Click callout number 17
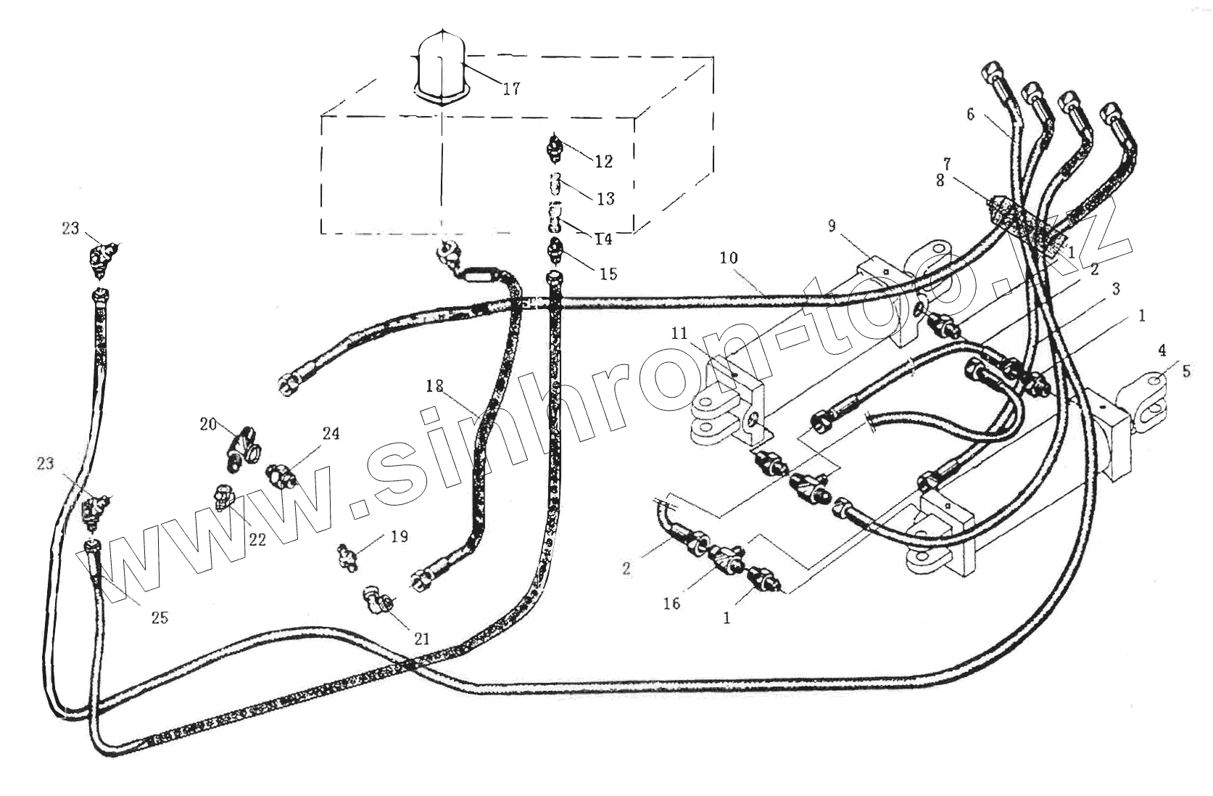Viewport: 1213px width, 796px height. [511, 89]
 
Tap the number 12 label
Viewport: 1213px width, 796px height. [604, 161]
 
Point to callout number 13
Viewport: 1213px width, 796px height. [604, 198]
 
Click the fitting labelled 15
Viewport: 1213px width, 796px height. [556, 251]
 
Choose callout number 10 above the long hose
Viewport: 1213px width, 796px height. [729, 258]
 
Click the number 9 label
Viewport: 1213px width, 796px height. [832, 226]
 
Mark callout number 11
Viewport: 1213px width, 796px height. [679, 333]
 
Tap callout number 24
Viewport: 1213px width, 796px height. [331, 434]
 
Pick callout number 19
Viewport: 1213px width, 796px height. [399, 536]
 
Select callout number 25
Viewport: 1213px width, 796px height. [160, 617]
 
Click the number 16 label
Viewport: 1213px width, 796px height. [671, 602]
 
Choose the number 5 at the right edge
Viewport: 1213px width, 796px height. [1186, 371]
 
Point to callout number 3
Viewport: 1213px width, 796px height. [1115, 289]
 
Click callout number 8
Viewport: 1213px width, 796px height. [940, 181]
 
